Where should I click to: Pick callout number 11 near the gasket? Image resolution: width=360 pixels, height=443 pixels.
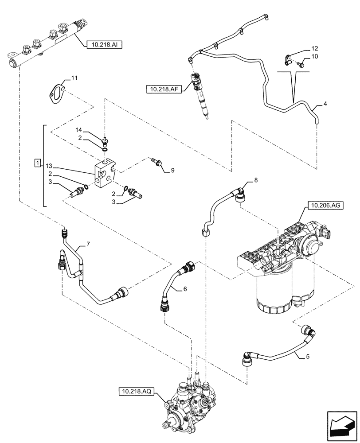74,78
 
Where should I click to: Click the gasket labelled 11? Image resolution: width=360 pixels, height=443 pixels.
57,93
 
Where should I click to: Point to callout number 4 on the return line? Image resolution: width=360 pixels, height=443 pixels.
325,104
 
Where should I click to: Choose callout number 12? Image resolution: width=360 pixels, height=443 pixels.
314,48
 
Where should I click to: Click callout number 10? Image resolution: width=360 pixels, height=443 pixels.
314,56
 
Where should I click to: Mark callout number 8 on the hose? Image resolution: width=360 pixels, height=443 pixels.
255,180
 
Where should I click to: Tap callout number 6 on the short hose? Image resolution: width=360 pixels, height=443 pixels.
185,289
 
